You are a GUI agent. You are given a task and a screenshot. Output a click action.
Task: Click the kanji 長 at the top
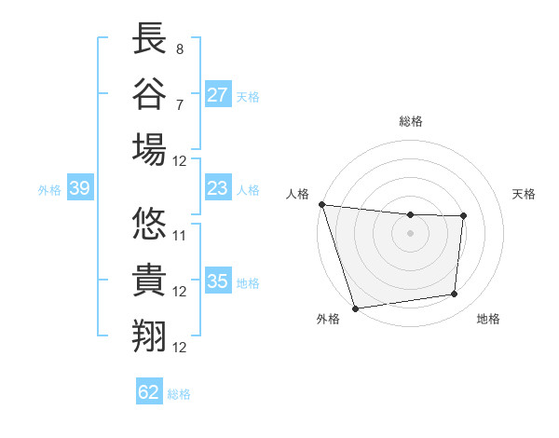tap(150, 39)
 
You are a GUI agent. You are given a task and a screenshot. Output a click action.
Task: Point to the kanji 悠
tap(150, 226)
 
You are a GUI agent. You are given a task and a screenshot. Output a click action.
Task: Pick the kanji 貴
tap(150, 281)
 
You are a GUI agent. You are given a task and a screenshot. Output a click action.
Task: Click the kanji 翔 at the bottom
tap(150, 336)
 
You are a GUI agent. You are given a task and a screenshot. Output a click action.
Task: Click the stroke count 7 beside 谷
tap(179, 103)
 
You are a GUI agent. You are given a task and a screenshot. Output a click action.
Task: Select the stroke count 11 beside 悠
tap(180, 235)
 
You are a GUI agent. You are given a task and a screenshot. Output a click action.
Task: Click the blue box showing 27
tap(218, 95)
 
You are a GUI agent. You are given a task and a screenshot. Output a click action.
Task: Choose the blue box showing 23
tap(218, 188)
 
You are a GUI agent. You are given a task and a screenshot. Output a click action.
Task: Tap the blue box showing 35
tap(218, 281)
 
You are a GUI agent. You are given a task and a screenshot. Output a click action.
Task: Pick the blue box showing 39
tap(79, 189)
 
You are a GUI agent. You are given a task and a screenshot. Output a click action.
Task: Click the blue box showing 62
tap(149, 392)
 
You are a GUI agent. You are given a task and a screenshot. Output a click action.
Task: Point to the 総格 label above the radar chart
tap(411, 121)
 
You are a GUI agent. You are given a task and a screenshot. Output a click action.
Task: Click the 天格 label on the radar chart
tap(525, 194)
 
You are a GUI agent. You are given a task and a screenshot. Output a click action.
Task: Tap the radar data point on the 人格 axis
tap(321, 204)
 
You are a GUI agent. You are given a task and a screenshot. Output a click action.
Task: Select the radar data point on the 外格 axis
tap(355, 308)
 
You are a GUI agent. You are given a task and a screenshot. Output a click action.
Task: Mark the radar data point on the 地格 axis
tap(455, 294)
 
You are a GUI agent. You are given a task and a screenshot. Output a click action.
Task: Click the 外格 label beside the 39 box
tap(49, 190)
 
